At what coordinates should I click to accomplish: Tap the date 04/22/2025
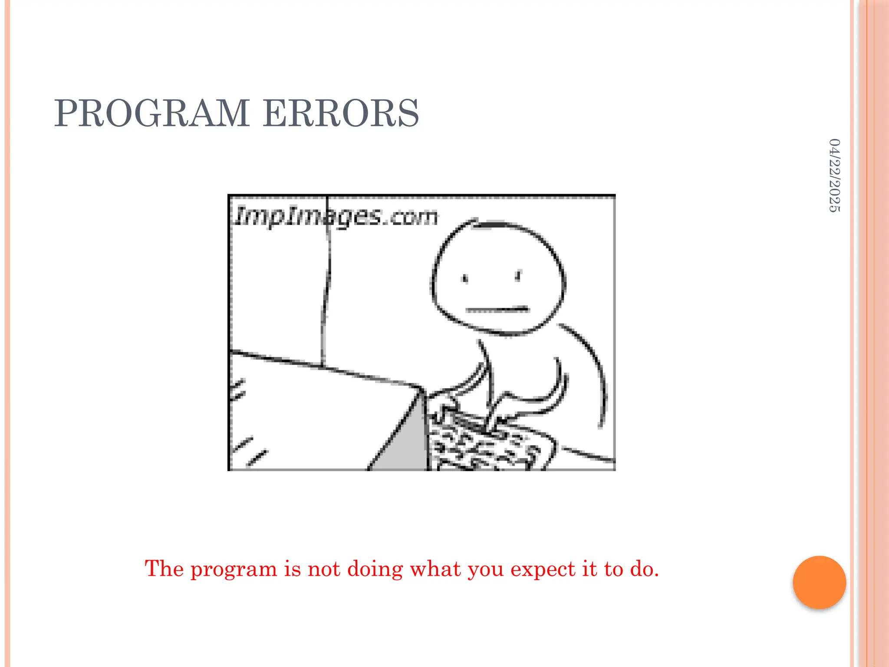pyautogui.click(x=834, y=175)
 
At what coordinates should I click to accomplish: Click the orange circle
pyautogui.click(x=819, y=582)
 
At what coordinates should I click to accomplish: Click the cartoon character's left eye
pyautogui.click(x=466, y=278)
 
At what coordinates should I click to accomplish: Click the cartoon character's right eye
pyautogui.click(x=518, y=276)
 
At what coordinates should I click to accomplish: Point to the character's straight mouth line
pyautogui.click(x=497, y=310)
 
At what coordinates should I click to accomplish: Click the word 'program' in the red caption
pyautogui.click(x=234, y=569)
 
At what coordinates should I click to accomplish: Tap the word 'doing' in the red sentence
pyautogui.click(x=375, y=569)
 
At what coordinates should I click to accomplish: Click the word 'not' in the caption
pyautogui.click(x=324, y=569)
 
